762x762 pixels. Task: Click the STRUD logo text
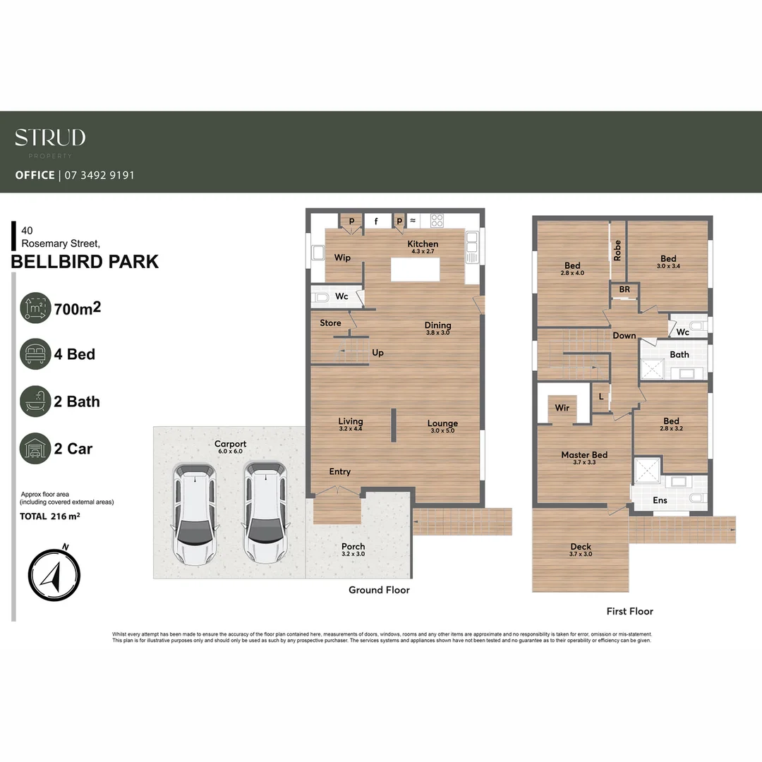point(50,138)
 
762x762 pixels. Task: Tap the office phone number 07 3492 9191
point(99,175)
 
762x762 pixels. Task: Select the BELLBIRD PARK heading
point(85,262)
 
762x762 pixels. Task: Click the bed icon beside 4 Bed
point(35,354)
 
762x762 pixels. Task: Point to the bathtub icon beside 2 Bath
point(35,401)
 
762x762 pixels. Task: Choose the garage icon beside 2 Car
point(35,449)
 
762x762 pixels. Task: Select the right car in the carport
point(265,513)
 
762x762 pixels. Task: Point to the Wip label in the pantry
point(342,258)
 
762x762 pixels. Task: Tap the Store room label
point(330,323)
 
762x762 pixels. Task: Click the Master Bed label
point(584,455)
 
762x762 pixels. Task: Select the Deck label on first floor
point(581,547)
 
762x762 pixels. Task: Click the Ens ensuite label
point(660,500)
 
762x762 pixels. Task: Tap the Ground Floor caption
point(379,590)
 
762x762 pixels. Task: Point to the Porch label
point(353,547)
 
